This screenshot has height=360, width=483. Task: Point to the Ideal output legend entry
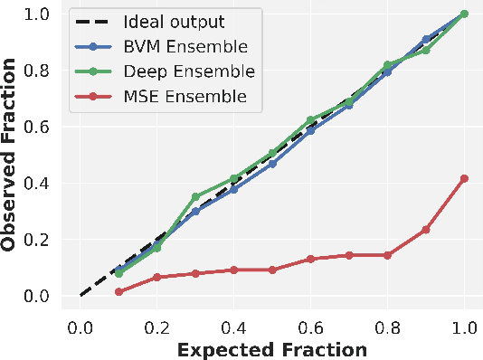171,21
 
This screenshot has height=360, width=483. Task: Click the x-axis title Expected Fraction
272,349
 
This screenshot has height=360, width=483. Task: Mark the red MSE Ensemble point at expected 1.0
465,178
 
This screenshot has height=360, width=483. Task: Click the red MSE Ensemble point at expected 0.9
426,230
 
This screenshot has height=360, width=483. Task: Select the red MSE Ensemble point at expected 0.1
118,291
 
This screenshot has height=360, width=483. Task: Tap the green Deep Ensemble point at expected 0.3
195,196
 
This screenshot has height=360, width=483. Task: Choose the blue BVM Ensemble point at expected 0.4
234,189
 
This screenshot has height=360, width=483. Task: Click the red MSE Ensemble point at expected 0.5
272,270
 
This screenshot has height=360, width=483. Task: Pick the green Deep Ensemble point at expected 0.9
426,50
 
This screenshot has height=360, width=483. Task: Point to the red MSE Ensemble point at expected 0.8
388,255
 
